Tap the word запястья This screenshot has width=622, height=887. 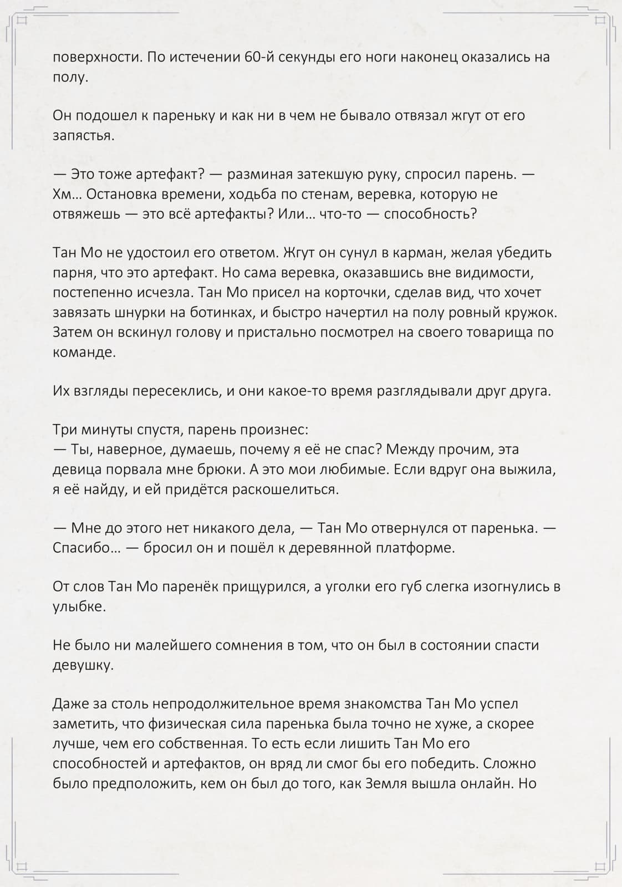click(x=83, y=136)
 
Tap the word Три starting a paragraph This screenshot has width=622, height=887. click(x=64, y=430)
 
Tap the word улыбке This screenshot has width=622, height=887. click(x=79, y=606)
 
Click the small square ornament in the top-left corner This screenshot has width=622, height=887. click(x=22, y=21)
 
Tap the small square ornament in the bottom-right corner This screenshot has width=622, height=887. click(x=600, y=865)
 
